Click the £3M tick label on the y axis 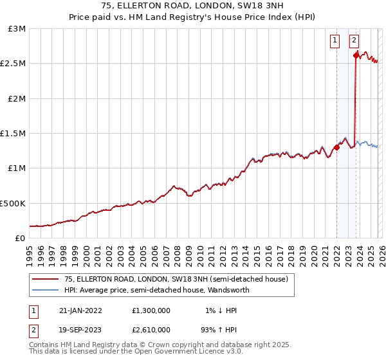pos(17,29)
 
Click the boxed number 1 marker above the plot pos(336,40)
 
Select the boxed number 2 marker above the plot pos(354,40)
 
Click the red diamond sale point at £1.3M pos(336,147)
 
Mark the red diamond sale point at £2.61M pos(356,56)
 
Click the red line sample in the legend pos(45,279)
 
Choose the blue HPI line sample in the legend pos(45,290)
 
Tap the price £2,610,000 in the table pos(150,328)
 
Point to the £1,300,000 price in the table pos(150,310)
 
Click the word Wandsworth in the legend pos(229,290)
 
